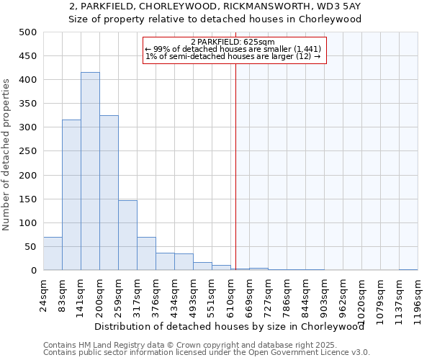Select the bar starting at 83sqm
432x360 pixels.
coord(71,195)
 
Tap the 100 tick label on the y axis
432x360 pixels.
coord(27,223)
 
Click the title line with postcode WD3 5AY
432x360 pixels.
coord(215,6)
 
